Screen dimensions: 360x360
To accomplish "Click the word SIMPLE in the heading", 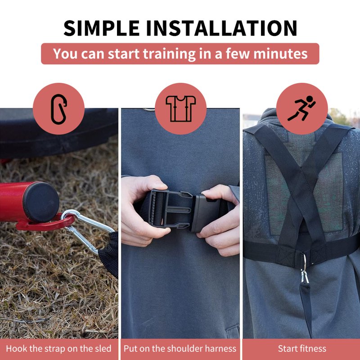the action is (102, 28).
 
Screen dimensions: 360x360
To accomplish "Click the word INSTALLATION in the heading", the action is (221, 28).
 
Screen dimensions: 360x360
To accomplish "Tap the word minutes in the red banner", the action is (280, 54).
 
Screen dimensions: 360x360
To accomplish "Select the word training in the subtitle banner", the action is (170, 54).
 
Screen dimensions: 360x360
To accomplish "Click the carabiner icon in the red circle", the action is (58, 109).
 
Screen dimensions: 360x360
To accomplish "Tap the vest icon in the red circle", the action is (181, 108).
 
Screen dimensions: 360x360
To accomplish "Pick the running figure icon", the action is (301, 108).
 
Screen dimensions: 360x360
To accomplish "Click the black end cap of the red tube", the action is (41, 202).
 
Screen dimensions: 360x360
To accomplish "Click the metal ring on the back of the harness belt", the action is (304, 262).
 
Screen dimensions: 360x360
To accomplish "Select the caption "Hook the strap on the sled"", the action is (58, 348).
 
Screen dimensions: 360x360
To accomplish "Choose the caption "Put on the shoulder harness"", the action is (180, 348).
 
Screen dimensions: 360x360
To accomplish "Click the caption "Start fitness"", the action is (302, 348).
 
